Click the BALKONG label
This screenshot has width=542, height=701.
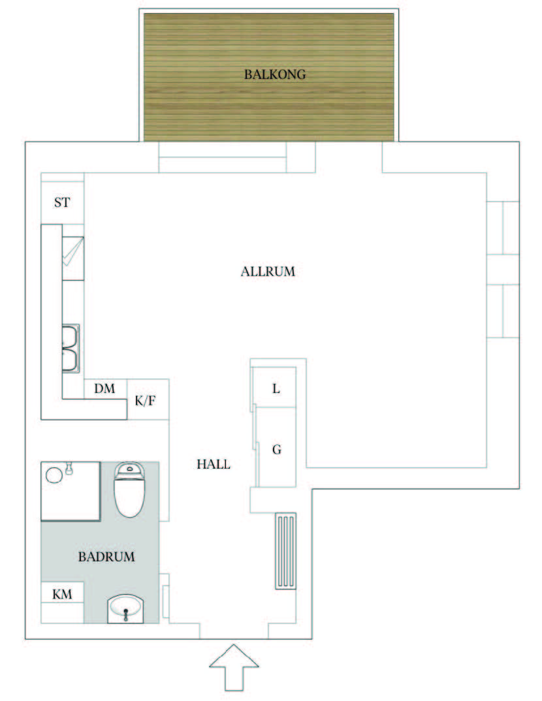[275, 74]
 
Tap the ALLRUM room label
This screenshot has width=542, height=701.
[268, 272]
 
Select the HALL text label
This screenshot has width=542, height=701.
[214, 464]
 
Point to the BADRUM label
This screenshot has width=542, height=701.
[106, 557]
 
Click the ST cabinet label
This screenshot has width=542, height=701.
[62, 202]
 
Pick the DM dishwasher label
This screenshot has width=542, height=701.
[104, 388]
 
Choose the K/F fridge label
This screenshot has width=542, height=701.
[146, 401]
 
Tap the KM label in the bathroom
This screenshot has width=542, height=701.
[62, 594]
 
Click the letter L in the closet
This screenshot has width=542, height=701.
[276, 388]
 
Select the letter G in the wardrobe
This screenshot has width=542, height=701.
[277, 449]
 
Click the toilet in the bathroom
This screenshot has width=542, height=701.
[130, 490]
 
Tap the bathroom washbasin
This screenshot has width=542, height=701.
[125, 608]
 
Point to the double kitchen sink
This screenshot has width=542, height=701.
[71, 349]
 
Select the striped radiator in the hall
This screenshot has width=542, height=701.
[286, 551]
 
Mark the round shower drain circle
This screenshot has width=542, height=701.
[54, 475]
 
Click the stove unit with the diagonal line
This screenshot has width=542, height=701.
[73, 258]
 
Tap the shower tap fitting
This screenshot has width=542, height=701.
[69, 468]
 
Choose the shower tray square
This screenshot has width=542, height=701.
[71, 491]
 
